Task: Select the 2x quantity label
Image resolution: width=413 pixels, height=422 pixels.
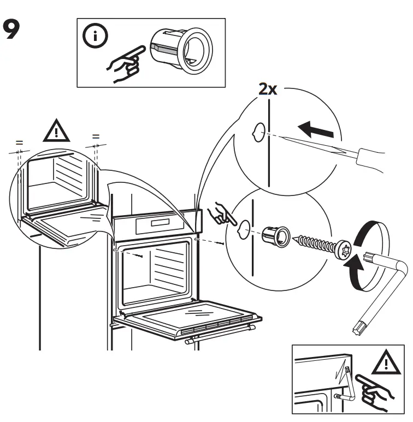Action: coord(268,89)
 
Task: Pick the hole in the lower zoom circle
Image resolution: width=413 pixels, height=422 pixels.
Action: coord(246,227)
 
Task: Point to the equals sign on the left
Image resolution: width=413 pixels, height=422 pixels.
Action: coord(19,144)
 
